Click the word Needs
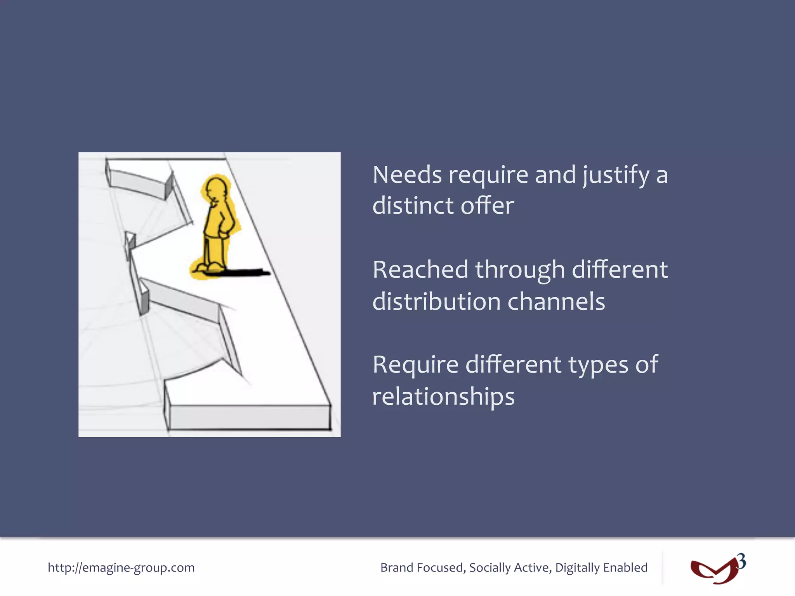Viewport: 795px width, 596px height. (407, 175)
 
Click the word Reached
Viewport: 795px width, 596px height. (420, 270)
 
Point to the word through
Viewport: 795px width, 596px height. (520, 270)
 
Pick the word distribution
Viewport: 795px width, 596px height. (436, 301)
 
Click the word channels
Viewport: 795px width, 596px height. (556, 301)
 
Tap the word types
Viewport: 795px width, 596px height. (598, 366)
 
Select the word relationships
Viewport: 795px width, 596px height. (443, 397)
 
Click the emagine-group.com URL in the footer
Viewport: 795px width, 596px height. (121, 568)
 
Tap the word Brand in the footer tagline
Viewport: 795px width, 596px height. (397, 568)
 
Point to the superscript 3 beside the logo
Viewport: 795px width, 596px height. (741, 561)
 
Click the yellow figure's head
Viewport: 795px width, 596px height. (216, 189)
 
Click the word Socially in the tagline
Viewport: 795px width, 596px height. (489, 568)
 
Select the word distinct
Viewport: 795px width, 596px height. (413, 206)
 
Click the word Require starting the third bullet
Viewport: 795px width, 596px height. (415, 365)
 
